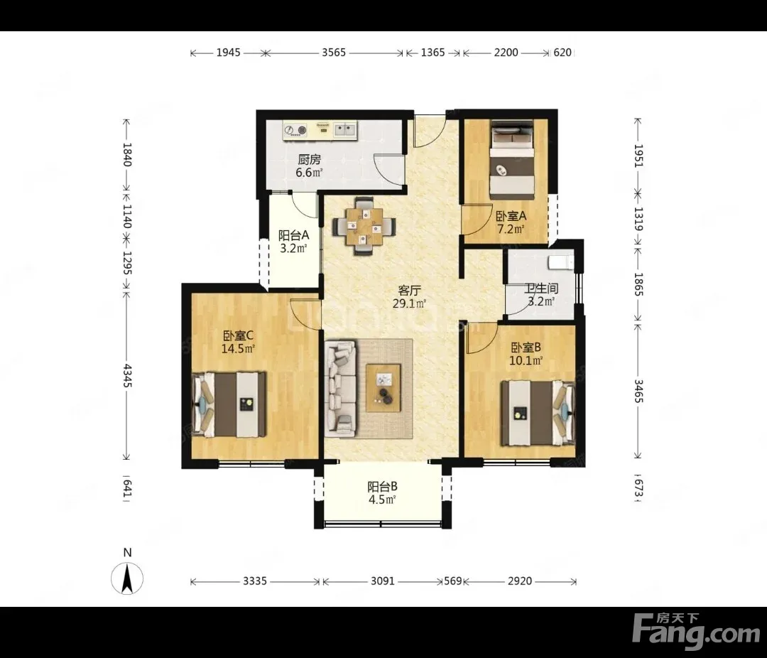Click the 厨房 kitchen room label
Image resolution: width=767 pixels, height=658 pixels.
(309, 160)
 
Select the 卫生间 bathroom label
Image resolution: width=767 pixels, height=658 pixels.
(541, 289)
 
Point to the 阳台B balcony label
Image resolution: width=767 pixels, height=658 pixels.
(382, 487)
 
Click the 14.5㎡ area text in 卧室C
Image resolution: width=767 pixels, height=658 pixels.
(238, 349)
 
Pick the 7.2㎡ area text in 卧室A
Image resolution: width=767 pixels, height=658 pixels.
(511, 229)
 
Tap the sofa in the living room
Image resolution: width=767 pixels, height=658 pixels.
(340, 388)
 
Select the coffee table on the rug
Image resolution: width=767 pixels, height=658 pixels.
(383, 388)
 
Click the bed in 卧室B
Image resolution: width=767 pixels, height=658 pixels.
(538, 414)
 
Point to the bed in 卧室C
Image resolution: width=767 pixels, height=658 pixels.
(229, 404)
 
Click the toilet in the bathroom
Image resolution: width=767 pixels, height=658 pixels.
(560, 262)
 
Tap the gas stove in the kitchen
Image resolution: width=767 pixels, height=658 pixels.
(295, 130)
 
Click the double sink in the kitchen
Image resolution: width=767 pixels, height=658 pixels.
(345, 130)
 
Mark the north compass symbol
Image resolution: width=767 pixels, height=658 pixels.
(127, 578)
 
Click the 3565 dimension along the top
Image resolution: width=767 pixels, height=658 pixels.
(334, 53)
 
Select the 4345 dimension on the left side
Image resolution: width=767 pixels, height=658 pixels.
(126, 375)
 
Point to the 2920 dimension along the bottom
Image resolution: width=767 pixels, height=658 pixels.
(519, 581)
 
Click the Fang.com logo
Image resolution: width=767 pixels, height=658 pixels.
(696, 628)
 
